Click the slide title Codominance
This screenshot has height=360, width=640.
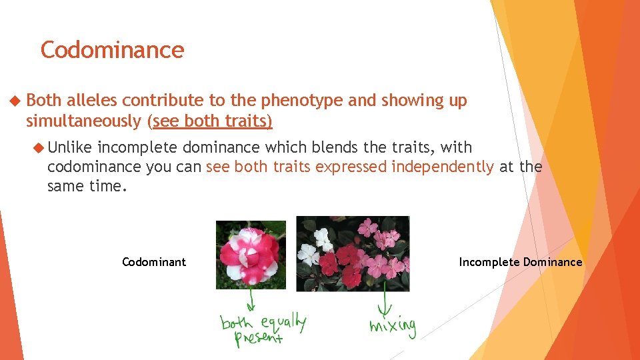(112, 50)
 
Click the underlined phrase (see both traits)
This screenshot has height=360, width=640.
(212, 121)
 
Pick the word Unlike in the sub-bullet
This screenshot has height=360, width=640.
(72, 147)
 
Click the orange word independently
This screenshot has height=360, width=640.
(442, 167)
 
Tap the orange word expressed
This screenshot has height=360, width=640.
(351, 167)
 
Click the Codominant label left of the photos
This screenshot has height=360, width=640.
(154, 262)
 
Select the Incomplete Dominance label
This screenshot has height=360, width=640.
(520, 262)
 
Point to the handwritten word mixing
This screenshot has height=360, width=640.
(393, 327)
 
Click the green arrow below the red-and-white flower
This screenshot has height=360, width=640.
(251, 300)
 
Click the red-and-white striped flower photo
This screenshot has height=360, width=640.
(251, 255)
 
